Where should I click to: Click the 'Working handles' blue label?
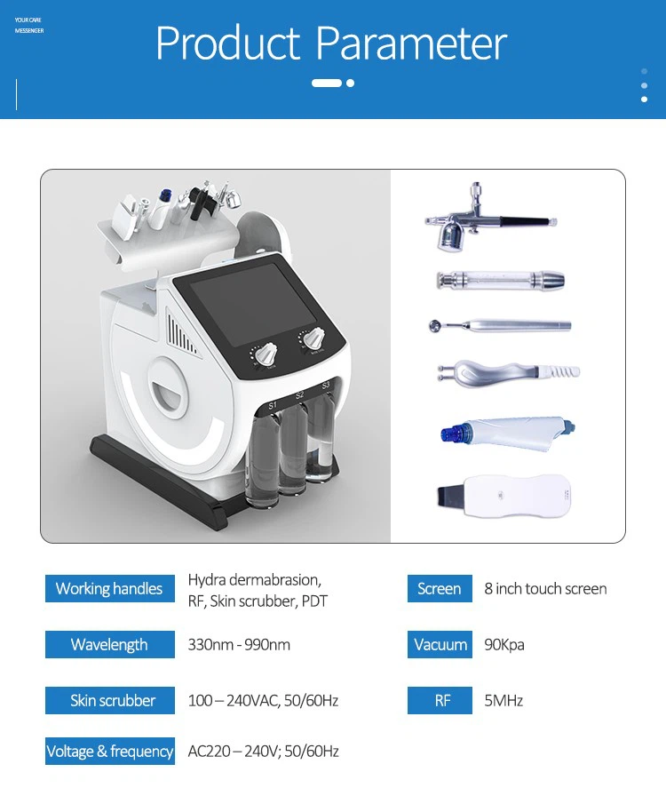109,588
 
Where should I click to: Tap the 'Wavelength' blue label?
109,644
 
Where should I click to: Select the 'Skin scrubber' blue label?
109,700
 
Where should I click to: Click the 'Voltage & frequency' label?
109,751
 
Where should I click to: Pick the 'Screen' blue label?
440,588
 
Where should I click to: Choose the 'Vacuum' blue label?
440,644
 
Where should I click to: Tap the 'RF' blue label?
440,700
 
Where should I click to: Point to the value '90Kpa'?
504,645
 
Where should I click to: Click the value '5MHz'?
503,701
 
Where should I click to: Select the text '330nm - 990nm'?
239,645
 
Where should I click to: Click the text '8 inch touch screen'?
545,589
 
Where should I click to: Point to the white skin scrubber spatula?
503,496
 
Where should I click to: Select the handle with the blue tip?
508,433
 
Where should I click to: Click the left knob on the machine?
265,354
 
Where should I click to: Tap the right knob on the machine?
313,338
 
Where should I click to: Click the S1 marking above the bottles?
274,406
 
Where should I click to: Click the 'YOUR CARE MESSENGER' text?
29,26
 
